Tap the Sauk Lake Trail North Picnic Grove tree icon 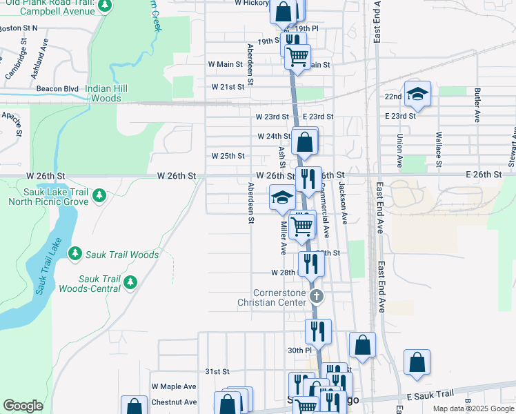point(99,196)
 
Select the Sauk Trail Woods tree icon point(75,255)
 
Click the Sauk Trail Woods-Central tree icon point(130,282)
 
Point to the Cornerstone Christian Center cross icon point(317,297)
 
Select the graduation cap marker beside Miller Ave point(281,198)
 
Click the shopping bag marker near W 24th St point(304,142)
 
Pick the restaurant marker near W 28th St point(311,263)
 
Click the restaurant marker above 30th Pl point(318,331)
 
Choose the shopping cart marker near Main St point(297,57)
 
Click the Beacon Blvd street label point(57,89)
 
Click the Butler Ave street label point(477,106)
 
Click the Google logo point(23,406)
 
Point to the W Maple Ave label point(174,386)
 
